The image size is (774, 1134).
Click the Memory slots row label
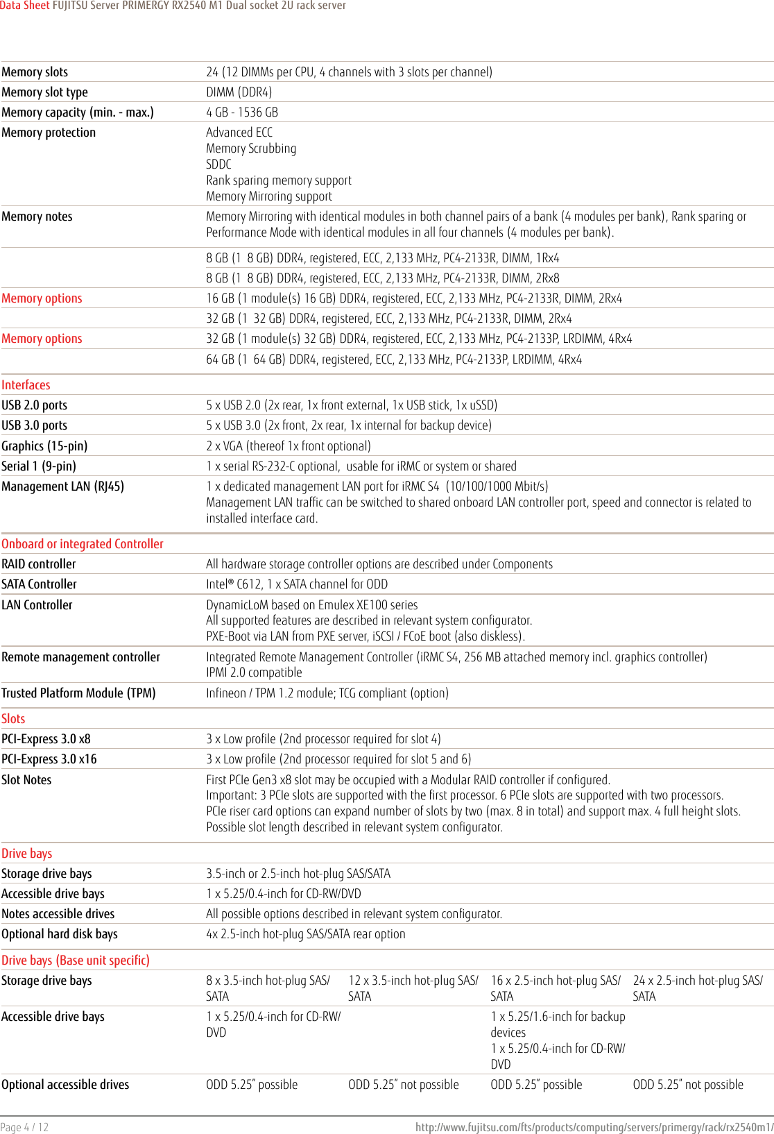tap(35, 72)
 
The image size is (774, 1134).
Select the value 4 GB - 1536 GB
tap(242, 112)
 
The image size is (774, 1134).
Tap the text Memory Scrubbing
tap(251, 149)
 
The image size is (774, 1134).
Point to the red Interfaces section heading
tap(26, 385)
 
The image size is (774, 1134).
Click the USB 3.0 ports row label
tap(35, 425)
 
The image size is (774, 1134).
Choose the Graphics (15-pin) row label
tap(44, 446)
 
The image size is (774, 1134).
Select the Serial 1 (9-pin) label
tap(39, 466)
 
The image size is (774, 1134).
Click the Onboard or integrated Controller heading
tap(83, 544)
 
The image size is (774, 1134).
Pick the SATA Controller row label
tap(39, 584)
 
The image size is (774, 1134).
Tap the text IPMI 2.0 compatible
tap(254, 672)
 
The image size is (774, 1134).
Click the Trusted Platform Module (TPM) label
tap(78, 693)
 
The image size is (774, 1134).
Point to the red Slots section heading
tap(13, 719)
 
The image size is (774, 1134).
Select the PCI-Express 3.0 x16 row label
tap(49, 759)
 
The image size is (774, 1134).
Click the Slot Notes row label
tap(26, 780)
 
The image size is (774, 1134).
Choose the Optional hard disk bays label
tap(60, 934)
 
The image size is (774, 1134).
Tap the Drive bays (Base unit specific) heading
tap(76, 960)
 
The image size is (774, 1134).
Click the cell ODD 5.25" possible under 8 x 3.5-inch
tap(252, 1085)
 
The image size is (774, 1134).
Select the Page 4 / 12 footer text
tap(25, 1127)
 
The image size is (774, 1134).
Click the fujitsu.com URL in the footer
tap(594, 1127)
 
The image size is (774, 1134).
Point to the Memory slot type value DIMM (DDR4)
tap(239, 92)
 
